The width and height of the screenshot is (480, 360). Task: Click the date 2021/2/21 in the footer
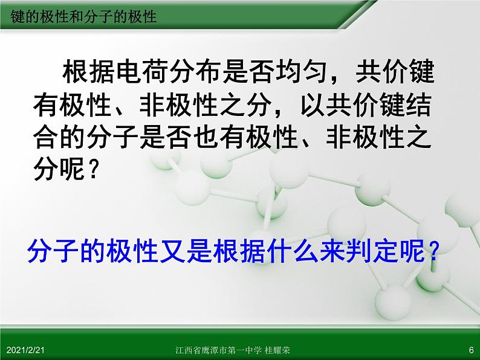point(25,350)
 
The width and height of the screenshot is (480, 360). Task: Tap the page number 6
point(471,350)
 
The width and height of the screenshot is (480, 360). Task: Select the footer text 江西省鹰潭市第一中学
point(219,350)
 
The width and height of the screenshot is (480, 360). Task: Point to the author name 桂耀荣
point(277,350)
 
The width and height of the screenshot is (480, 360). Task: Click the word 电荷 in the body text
point(141,72)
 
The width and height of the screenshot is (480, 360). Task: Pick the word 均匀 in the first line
point(302,72)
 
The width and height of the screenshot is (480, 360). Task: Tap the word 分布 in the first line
point(195,72)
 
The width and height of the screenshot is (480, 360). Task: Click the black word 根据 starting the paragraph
point(88,72)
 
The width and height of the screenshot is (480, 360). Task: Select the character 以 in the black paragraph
point(313,105)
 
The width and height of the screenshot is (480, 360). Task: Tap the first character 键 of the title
point(17,16)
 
